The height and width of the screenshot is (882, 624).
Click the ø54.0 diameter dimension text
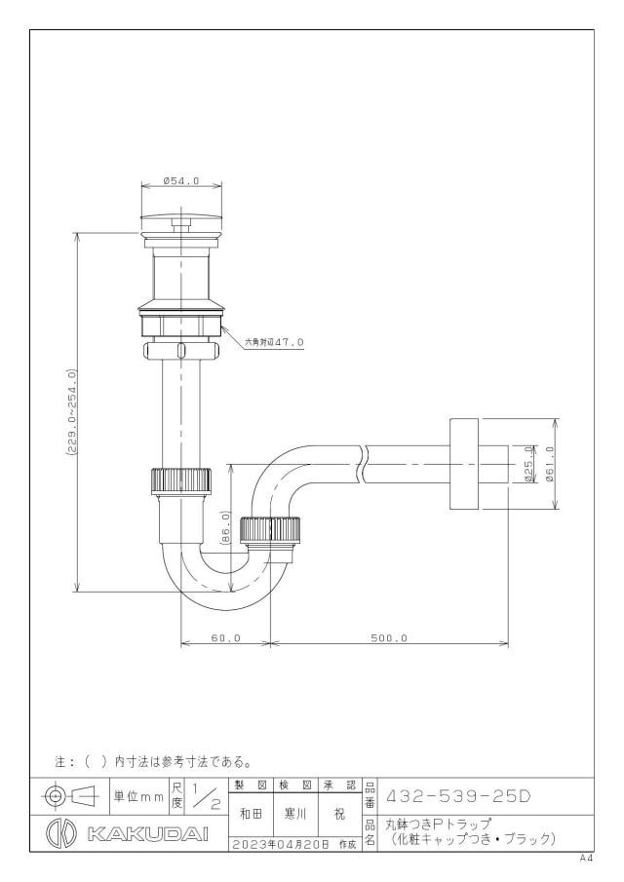click(x=181, y=180)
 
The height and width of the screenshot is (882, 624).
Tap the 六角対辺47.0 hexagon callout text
click(x=274, y=342)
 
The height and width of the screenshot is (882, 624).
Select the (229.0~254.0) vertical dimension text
click(x=71, y=413)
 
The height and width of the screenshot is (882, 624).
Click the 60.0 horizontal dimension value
click(x=225, y=638)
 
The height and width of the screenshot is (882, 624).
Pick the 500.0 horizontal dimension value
click(x=389, y=638)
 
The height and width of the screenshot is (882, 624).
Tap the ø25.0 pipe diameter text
click(x=527, y=464)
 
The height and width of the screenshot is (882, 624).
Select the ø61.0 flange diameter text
click(x=549, y=464)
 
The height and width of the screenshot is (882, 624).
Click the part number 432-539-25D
click(x=457, y=796)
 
